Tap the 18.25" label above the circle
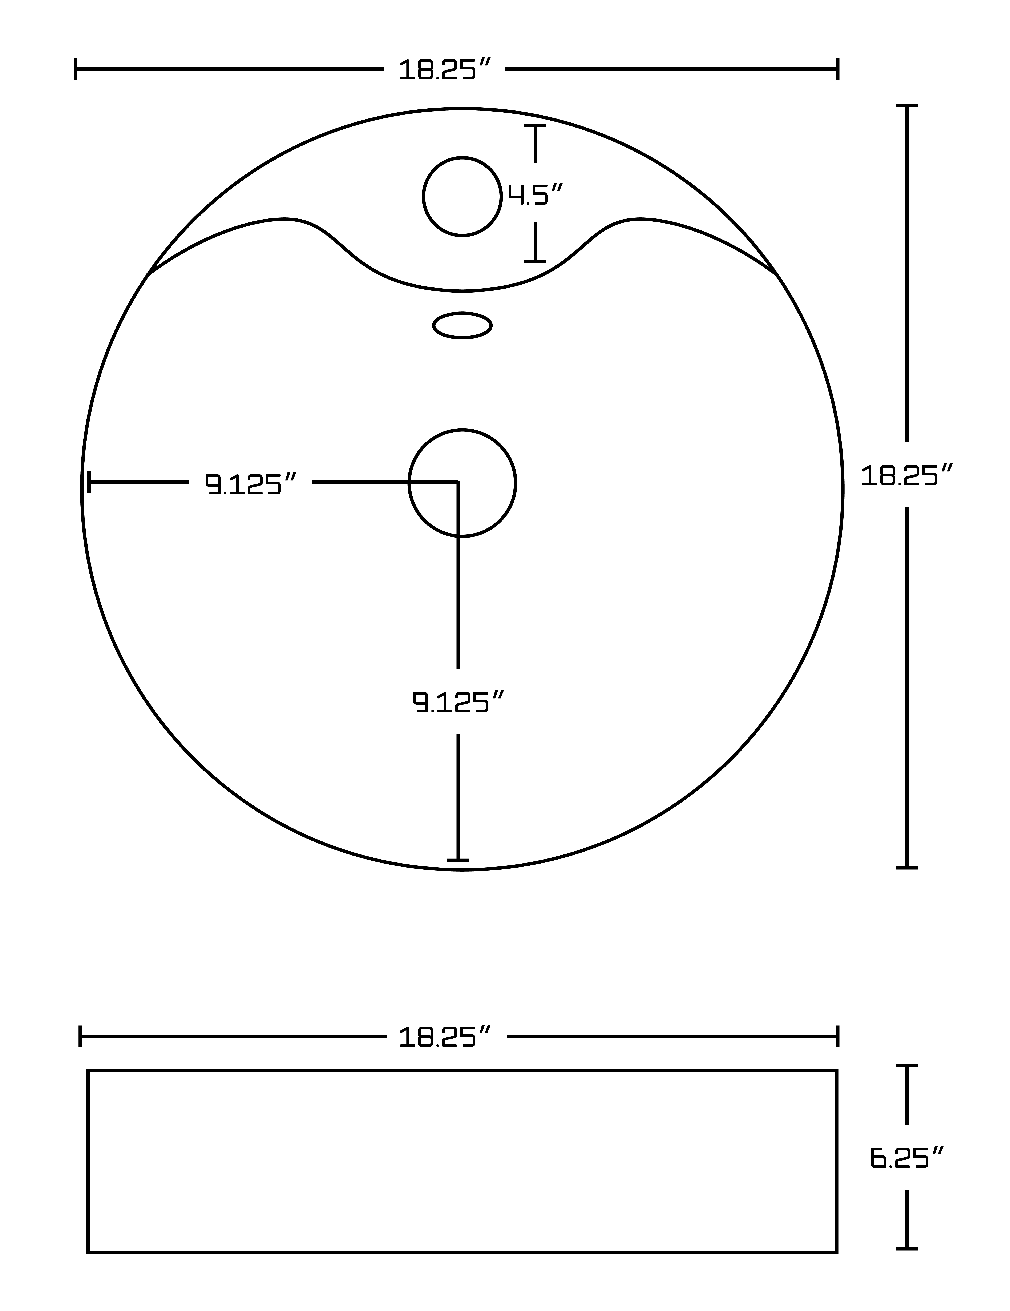tap(445, 70)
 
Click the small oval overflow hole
tap(462, 325)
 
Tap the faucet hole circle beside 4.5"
tap(462, 196)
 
